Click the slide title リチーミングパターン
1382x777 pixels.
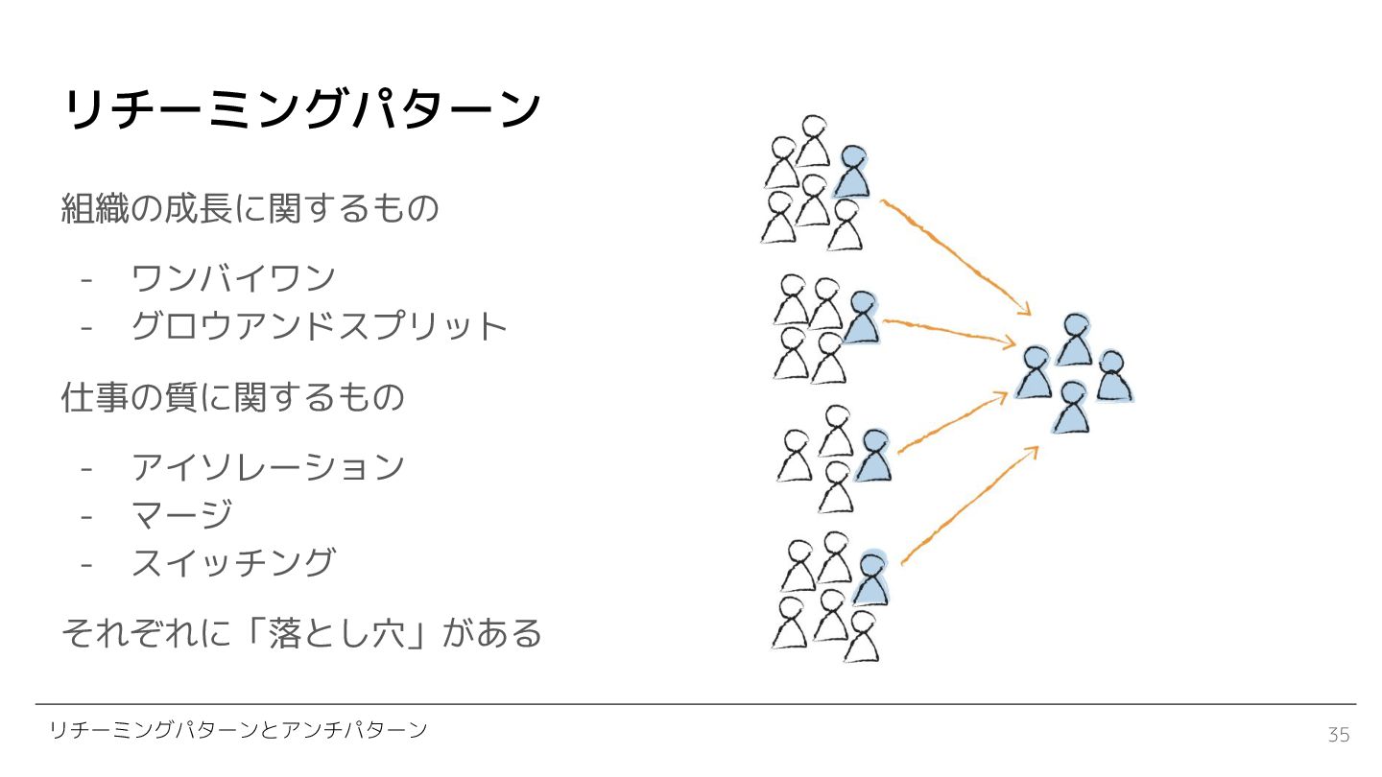301,110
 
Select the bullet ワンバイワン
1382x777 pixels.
233,278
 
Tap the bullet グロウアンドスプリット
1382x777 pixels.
319,326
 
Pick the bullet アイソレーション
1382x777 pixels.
268,467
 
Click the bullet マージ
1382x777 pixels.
181,515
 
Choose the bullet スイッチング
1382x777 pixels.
233,563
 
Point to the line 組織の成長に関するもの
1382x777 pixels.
250,208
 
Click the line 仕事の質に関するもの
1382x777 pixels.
232,397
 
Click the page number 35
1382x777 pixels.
1339,735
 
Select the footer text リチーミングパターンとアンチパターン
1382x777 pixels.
238,731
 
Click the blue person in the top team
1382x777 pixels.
852,172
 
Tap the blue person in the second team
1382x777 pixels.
862,318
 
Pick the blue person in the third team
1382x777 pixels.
874,457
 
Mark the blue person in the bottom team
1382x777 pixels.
871,579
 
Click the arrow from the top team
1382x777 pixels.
955,256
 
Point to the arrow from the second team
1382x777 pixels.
950,331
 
